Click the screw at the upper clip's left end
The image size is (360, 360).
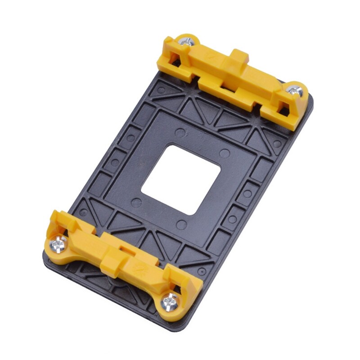point(185,41)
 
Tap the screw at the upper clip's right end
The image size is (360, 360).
point(295,90)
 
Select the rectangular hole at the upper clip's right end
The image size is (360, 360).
point(283,107)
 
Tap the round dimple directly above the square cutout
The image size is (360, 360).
point(180,133)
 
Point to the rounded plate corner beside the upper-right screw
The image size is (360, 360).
point(310,101)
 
